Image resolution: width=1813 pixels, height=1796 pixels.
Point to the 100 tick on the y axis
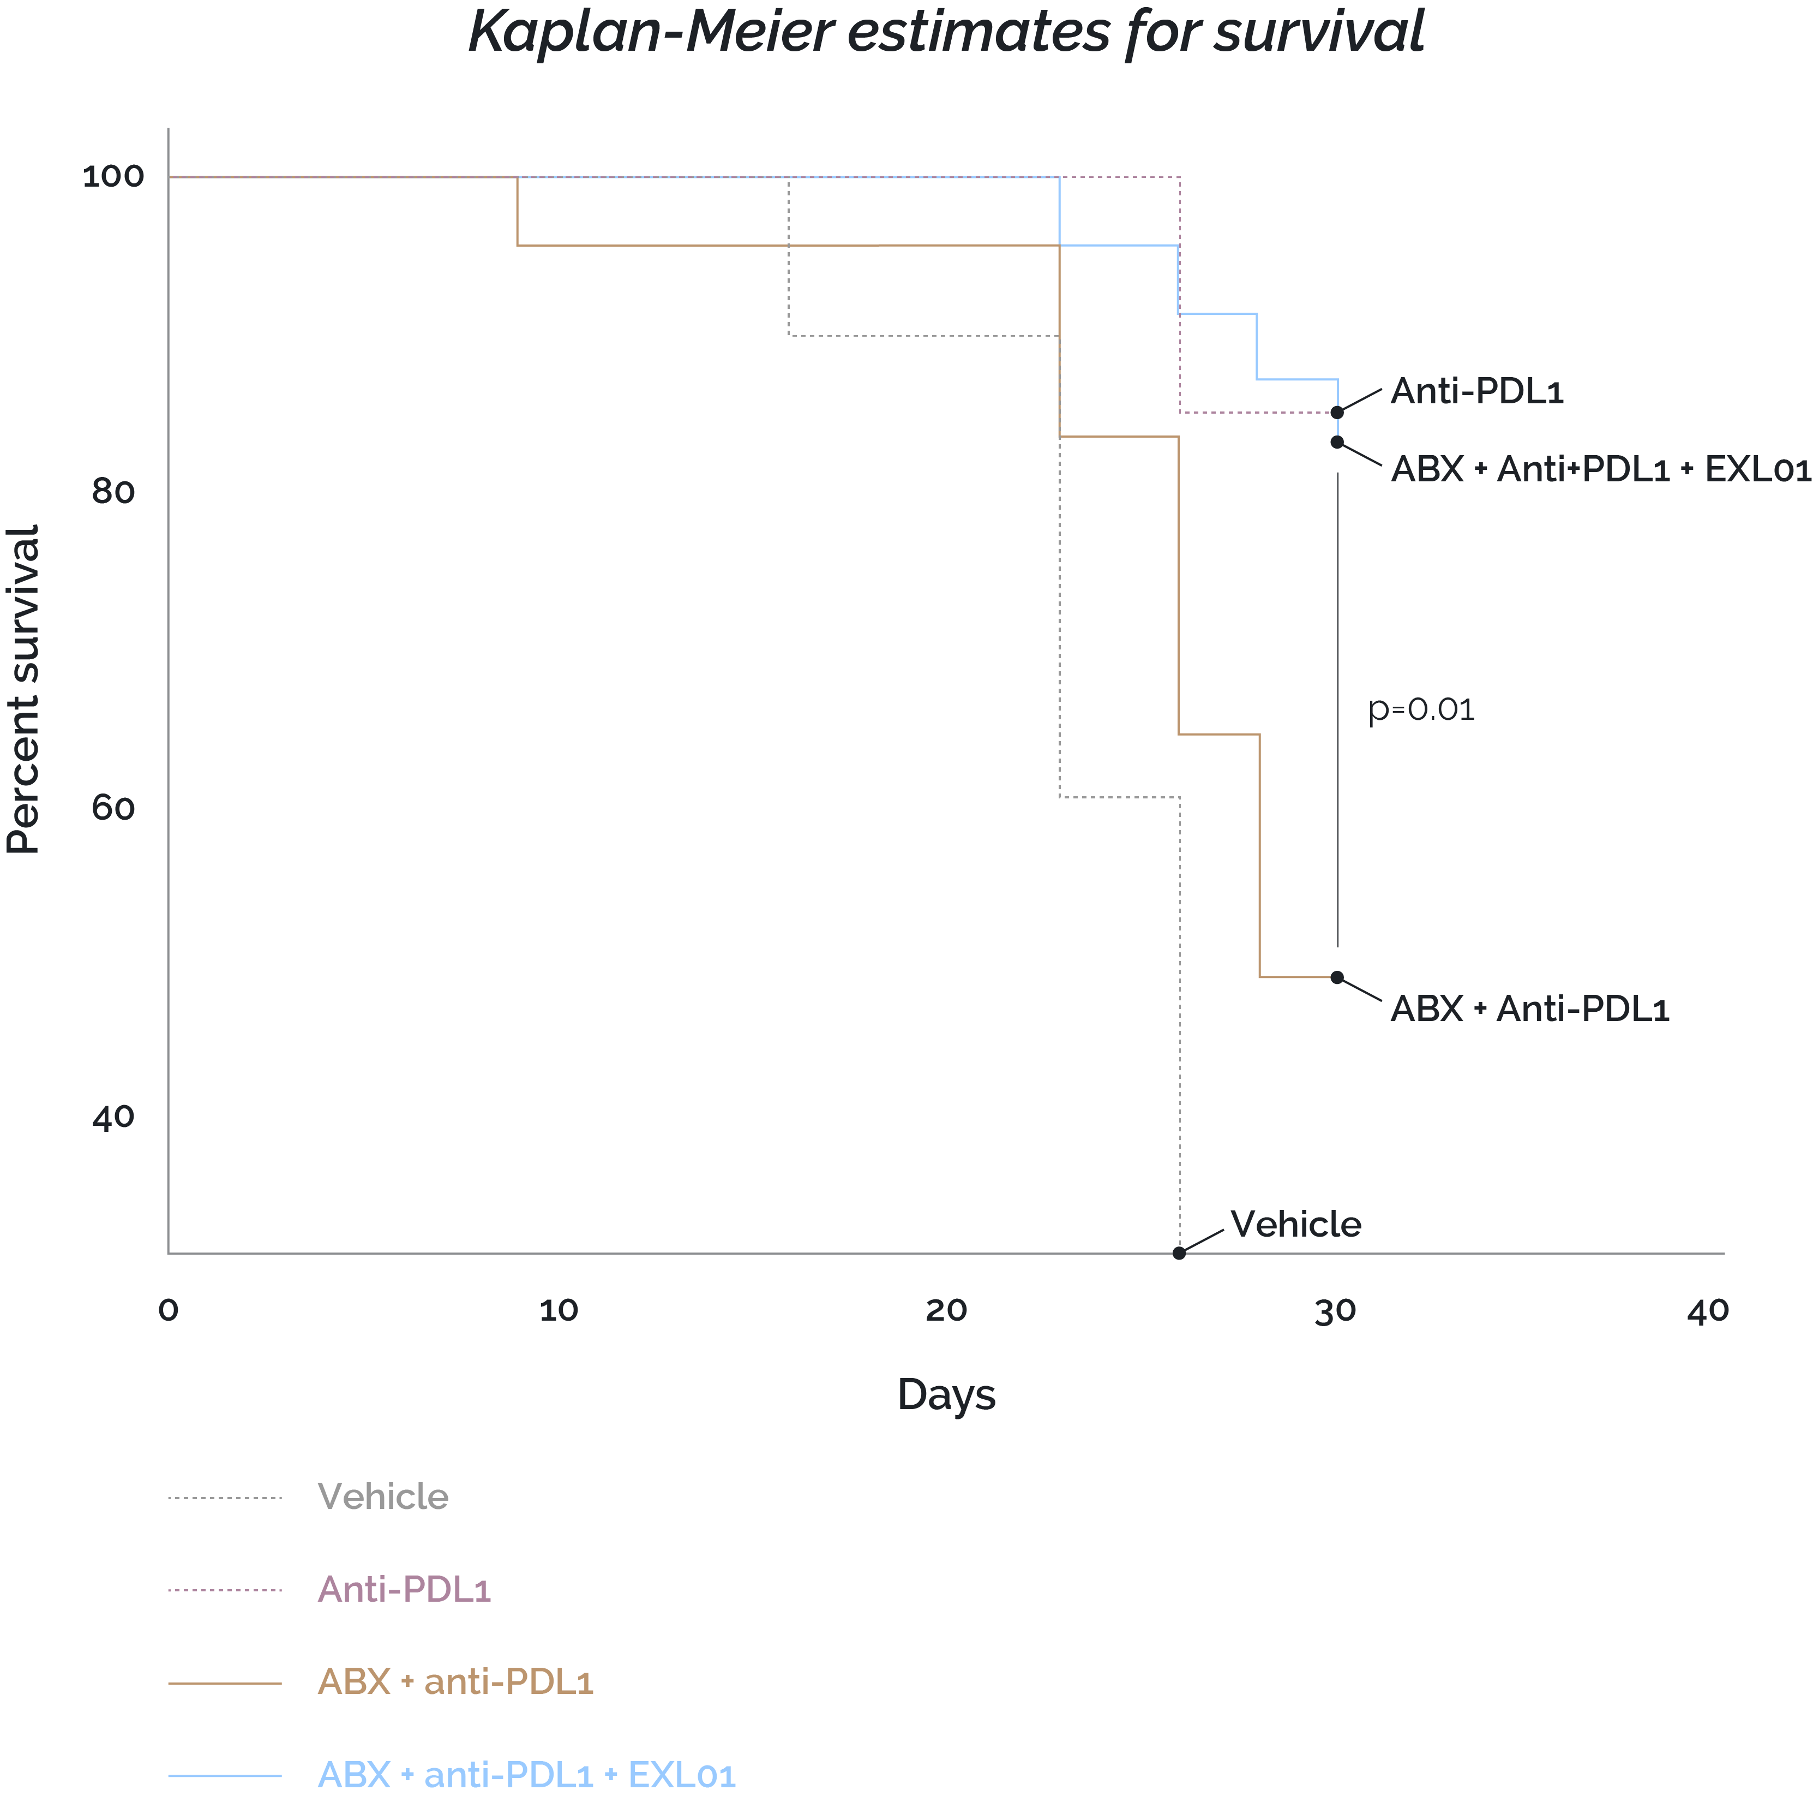[113, 176]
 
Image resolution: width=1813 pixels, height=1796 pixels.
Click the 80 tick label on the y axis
[113, 491]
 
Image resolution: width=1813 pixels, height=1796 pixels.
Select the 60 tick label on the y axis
[113, 807]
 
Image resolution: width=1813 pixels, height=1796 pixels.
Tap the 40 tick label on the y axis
[113, 1117]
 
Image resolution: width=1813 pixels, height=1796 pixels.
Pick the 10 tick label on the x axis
[559, 1311]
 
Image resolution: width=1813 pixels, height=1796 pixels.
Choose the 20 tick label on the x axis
[946, 1311]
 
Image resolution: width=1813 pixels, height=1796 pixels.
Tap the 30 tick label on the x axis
[1335, 1311]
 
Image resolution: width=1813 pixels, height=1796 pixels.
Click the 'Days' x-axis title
[946, 1395]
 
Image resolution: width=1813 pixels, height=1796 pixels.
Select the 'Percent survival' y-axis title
[23, 690]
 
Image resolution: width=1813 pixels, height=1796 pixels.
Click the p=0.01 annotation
[1422, 710]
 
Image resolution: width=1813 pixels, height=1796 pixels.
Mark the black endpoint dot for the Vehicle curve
[1180, 1254]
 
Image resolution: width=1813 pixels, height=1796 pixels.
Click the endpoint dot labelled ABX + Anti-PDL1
[1337, 977]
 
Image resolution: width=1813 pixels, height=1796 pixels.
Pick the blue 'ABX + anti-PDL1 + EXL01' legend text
[526, 1774]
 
